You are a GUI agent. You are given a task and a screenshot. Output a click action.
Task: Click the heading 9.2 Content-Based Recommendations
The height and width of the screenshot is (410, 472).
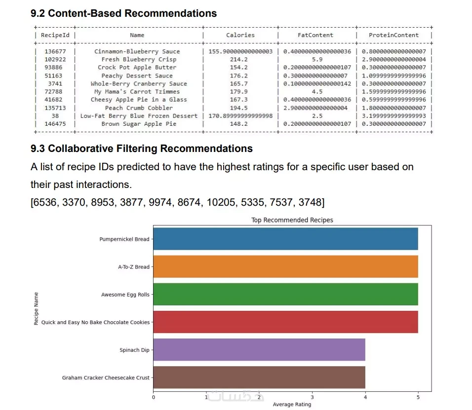click(x=123, y=13)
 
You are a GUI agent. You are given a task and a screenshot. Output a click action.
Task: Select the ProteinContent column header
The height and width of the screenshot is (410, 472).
click(x=393, y=35)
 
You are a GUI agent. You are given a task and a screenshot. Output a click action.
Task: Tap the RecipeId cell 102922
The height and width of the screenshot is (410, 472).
click(x=55, y=59)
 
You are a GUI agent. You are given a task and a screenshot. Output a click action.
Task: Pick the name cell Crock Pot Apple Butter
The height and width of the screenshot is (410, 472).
click(x=137, y=67)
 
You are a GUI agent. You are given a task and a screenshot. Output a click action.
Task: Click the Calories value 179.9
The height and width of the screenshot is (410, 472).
click(x=240, y=91)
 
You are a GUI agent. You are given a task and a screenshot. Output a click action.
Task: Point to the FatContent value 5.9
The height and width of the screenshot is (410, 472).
click(x=317, y=59)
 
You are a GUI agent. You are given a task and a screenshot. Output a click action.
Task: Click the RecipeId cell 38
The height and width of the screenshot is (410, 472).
click(x=55, y=116)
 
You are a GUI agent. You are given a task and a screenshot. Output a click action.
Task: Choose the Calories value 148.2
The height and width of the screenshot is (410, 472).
click(x=240, y=124)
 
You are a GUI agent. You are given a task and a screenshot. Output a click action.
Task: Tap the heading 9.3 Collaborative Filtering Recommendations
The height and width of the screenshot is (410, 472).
click(x=141, y=149)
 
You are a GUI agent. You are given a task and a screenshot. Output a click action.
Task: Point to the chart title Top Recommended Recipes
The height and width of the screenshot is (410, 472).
click(x=292, y=220)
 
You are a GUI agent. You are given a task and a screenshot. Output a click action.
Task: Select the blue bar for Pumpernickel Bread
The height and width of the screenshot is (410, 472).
click(x=285, y=239)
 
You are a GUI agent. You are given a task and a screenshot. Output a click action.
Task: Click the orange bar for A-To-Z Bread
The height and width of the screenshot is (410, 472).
click(x=285, y=266)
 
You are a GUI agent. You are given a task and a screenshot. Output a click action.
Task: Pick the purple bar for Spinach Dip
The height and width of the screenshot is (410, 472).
click(x=259, y=350)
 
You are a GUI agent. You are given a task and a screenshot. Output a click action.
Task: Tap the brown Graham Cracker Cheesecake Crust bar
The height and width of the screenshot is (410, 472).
click(x=259, y=377)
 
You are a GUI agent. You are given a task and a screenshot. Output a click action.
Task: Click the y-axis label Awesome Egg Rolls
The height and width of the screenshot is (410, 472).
click(x=125, y=295)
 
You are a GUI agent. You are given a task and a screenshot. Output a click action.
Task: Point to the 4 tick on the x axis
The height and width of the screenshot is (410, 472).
click(x=365, y=396)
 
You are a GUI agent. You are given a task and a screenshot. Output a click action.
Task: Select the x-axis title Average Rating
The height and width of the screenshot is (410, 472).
click(x=292, y=405)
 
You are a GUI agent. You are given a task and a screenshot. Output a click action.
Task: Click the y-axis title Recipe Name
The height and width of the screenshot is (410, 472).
click(x=36, y=308)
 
